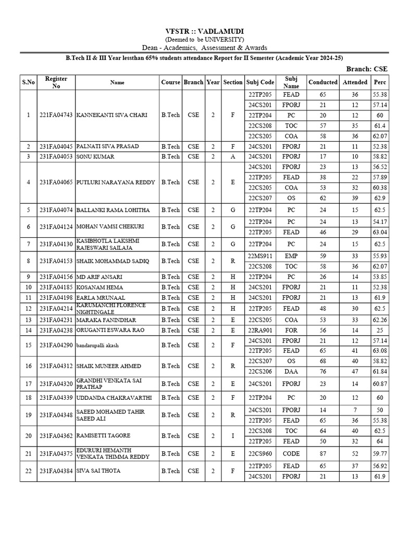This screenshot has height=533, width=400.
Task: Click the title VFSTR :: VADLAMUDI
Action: pos(201,31)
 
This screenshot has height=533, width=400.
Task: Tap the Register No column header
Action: pos(56,82)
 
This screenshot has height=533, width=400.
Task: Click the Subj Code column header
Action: pos(260,82)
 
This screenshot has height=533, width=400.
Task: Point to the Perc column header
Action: pos(380,82)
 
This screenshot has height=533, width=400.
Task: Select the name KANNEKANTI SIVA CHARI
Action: pos(112,115)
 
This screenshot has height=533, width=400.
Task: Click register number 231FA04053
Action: pos(56,156)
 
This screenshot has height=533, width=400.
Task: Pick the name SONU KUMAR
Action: pos(95,156)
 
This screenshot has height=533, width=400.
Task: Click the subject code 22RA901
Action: pos(260,330)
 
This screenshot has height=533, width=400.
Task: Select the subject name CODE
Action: pos(291,453)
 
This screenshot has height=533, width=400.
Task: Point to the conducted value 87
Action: pos(322,453)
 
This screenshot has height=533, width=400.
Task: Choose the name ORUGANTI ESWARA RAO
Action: pos(109,330)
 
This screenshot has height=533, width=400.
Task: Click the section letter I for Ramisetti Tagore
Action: pos(232,435)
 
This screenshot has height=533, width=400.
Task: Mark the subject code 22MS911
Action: pos(260,256)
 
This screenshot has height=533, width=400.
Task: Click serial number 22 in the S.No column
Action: pos(28,471)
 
